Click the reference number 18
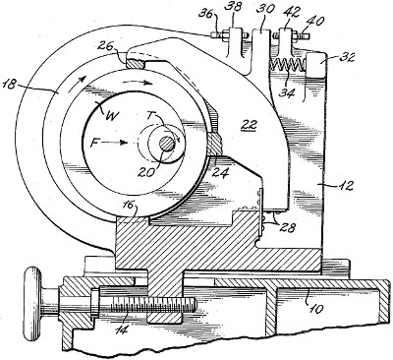click(11, 85)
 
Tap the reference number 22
click(250, 125)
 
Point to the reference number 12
click(345, 186)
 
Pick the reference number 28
click(288, 227)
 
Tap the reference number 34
click(288, 92)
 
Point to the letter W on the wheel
click(112, 117)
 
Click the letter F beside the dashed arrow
click(95, 143)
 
